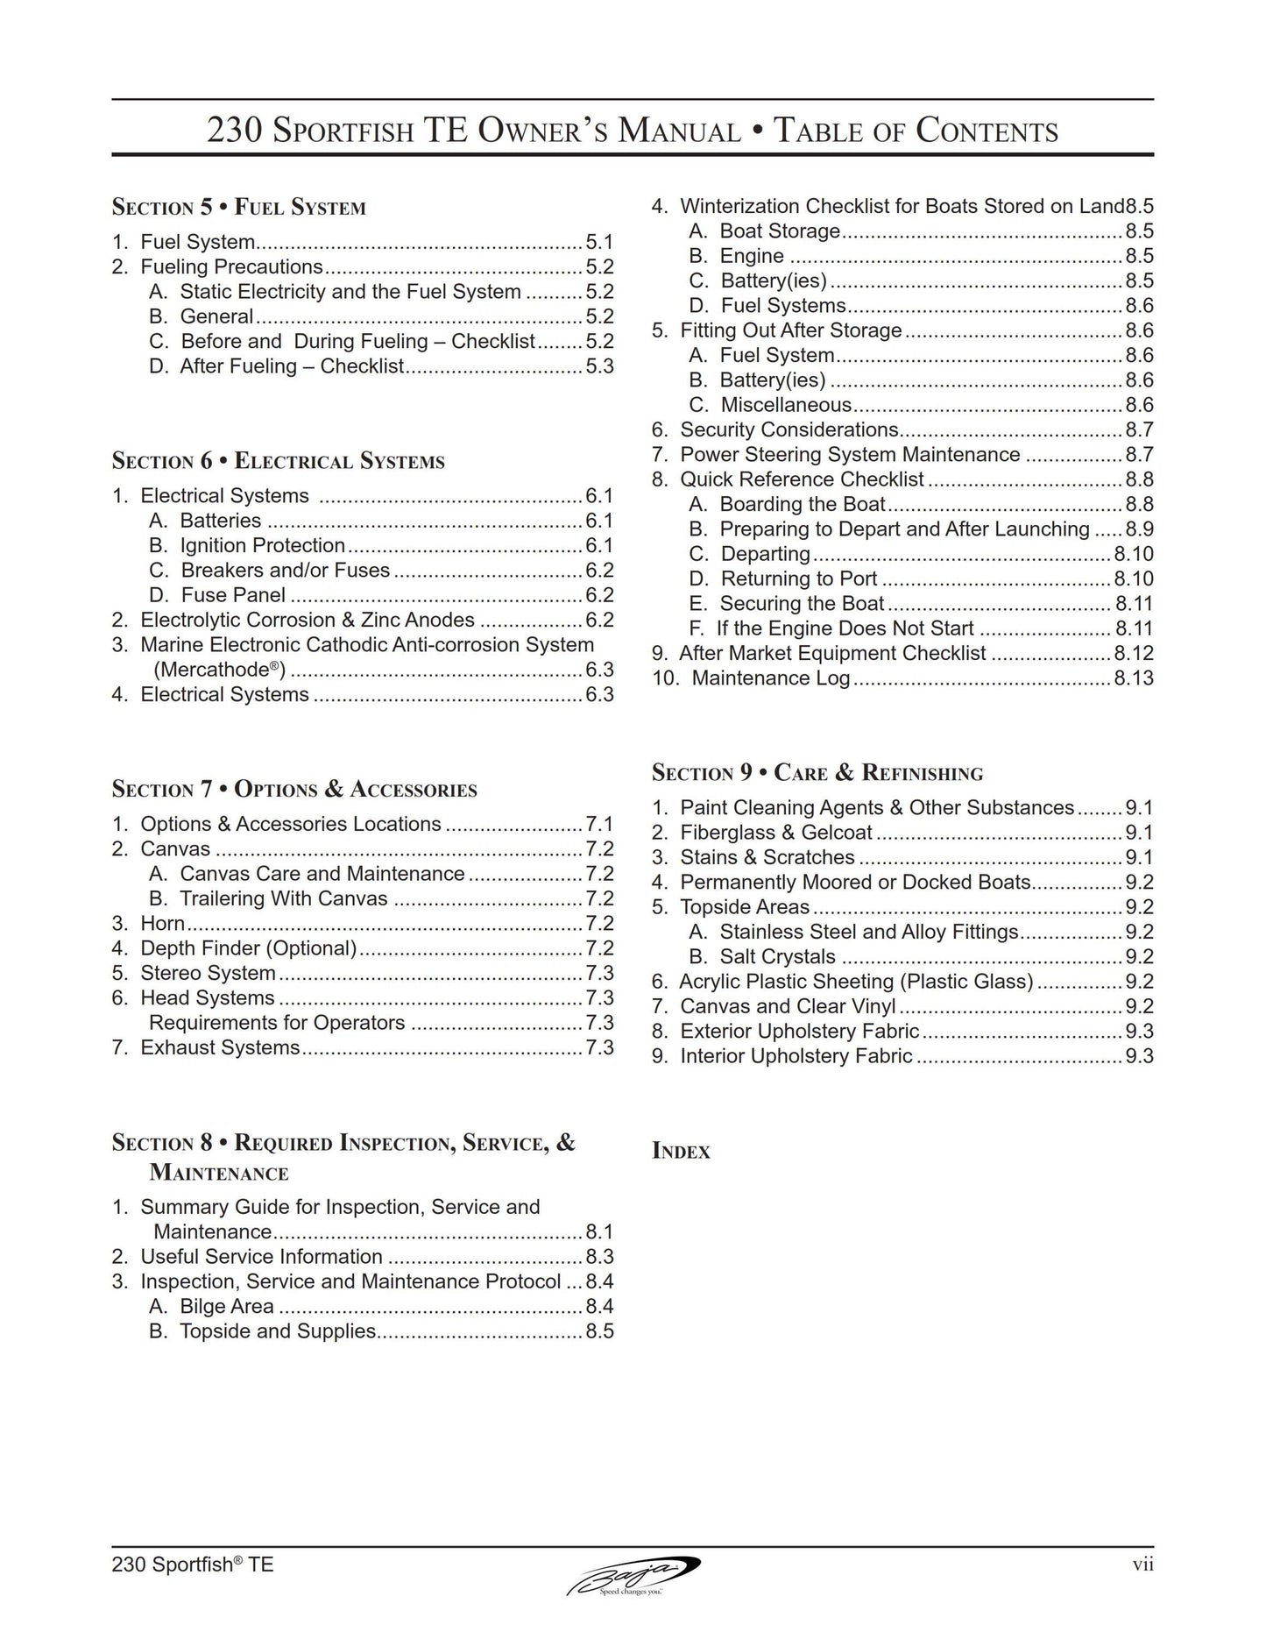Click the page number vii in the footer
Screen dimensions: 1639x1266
[1142, 1564]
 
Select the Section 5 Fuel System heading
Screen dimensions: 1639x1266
[238, 208]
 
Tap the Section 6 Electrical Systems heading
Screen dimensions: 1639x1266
[278, 461]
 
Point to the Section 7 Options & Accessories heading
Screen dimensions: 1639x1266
[294, 790]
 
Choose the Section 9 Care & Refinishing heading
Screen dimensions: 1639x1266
[817, 773]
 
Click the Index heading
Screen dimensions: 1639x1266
[681, 1152]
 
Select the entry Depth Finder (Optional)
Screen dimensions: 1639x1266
[249, 948]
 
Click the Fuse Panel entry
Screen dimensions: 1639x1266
[232, 596]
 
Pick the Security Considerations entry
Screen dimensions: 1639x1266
[789, 430]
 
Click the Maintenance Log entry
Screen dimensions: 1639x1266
[770, 678]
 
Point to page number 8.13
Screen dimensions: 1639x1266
[1134, 678]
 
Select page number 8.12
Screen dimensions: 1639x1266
[1134, 654]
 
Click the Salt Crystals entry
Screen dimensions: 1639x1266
[777, 957]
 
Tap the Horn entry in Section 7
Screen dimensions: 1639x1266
[162, 924]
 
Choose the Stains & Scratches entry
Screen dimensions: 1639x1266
[767, 858]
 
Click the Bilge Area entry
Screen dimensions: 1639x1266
[226, 1307]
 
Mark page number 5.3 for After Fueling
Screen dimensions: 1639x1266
[599, 366]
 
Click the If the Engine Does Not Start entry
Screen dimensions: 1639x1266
[845, 629]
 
